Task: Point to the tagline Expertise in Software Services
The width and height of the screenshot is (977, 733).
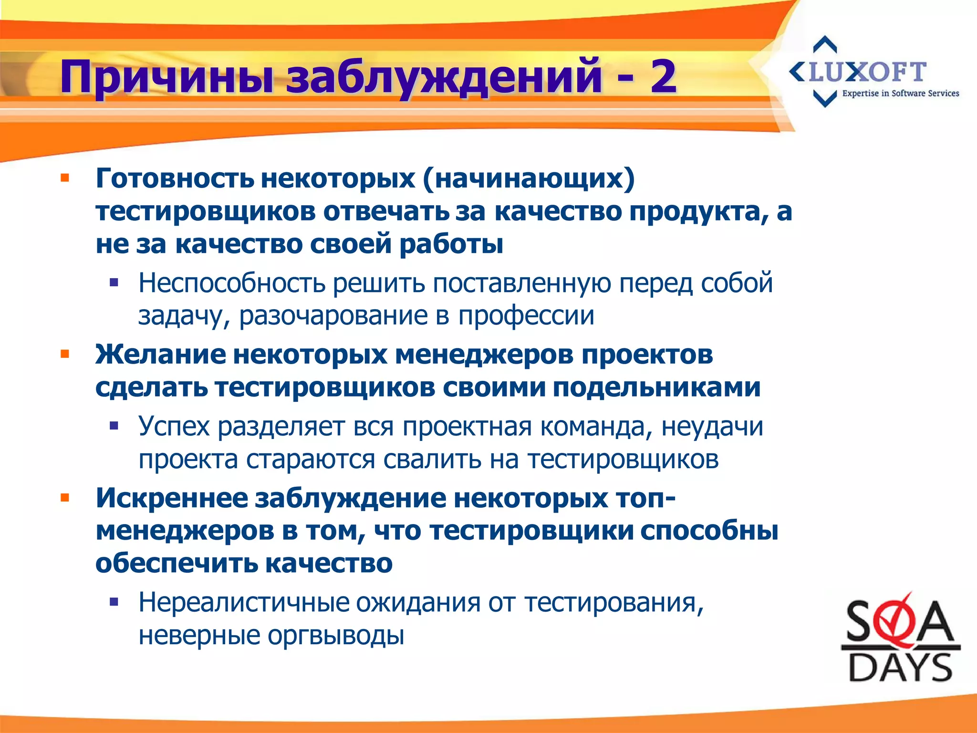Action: [900, 94]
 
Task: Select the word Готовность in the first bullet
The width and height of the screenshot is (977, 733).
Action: [175, 178]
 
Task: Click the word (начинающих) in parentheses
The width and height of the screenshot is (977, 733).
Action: [528, 178]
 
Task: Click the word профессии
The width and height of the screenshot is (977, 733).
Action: [526, 315]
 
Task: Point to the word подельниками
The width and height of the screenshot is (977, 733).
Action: [656, 387]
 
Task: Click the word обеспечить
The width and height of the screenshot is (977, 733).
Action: [176, 564]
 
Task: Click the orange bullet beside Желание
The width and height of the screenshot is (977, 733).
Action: [65, 354]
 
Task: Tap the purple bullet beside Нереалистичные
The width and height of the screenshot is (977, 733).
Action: [114, 602]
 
